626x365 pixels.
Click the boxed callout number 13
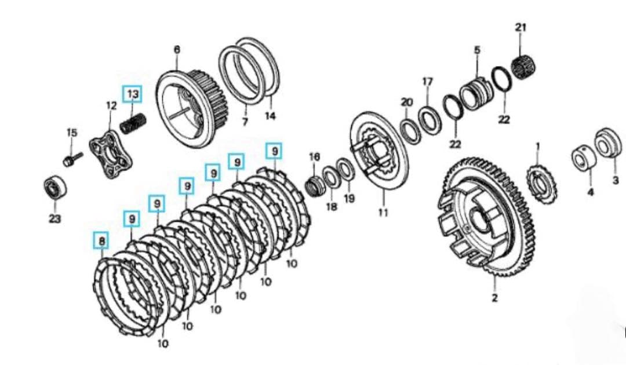(132, 94)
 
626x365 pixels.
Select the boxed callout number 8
(102, 240)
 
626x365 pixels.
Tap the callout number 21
(521, 28)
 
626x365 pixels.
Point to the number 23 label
(54, 218)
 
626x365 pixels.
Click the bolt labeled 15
(72, 159)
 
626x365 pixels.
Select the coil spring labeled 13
(133, 124)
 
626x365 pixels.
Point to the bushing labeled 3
(608, 144)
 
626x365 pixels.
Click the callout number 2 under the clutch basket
(494, 298)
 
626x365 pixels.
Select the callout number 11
(383, 213)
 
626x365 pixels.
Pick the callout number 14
(270, 116)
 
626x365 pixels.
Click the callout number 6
(177, 49)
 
